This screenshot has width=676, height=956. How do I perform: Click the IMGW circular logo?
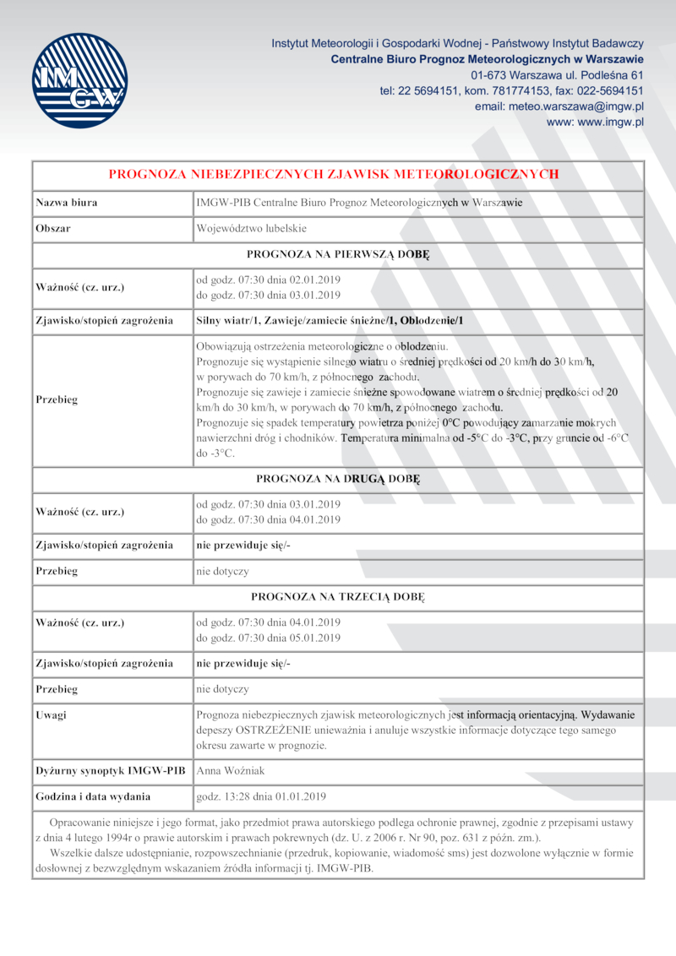(79, 80)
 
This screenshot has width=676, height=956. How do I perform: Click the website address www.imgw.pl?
(595, 122)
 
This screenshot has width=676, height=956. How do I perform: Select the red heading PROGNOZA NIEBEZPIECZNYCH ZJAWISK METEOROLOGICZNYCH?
(334, 175)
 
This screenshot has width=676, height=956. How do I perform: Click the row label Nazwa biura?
(66, 203)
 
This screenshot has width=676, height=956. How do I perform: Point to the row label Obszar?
(53, 229)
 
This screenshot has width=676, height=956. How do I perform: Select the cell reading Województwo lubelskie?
(251, 229)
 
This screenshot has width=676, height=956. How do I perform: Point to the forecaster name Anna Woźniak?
(231, 770)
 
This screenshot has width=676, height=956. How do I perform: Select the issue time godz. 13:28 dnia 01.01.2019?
(260, 796)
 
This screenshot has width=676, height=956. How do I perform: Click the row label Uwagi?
(52, 715)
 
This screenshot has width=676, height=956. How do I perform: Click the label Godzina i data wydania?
(93, 796)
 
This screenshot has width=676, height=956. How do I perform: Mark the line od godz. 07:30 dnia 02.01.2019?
(268, 280)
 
